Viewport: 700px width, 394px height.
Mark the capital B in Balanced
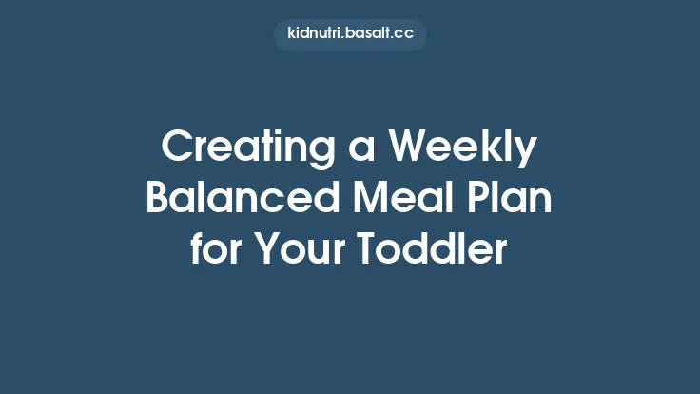tap(158, 198)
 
